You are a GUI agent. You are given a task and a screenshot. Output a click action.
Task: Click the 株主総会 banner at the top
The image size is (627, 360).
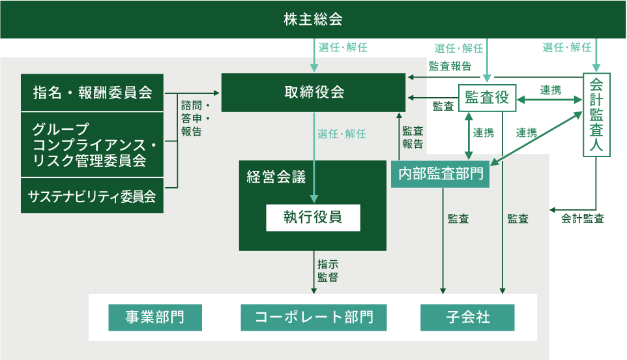[x=313, y=19]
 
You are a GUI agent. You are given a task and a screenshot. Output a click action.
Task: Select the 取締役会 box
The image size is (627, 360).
[x=314, y=92]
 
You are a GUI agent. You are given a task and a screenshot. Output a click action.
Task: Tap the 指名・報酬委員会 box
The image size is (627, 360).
[x=93, y=92]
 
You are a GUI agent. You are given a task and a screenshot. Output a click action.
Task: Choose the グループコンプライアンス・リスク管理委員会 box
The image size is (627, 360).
[x=93, y=144]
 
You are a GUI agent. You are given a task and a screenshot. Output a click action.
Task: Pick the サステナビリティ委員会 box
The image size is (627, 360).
[x=93, y=196]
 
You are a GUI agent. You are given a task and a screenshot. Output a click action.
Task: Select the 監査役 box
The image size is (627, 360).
[x=487, y=99]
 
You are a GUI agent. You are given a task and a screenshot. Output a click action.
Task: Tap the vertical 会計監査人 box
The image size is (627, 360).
[x=596, y=115]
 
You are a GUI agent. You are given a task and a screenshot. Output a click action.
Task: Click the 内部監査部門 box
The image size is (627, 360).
[x=440, y=174]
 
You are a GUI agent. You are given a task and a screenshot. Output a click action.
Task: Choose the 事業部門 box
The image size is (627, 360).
[x=154, y=318]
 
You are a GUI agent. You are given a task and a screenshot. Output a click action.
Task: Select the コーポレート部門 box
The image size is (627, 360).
[x=313, y=318]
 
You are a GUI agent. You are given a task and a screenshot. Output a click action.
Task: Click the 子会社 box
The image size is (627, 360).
[x=468, y=318]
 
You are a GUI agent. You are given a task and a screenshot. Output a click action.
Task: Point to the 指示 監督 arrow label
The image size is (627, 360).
[x=327, y=271]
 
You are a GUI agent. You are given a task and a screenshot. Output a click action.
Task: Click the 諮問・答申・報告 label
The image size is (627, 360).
[x=194, y=118]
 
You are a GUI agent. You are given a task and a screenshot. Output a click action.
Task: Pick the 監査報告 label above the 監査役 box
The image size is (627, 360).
[x=450, y=66]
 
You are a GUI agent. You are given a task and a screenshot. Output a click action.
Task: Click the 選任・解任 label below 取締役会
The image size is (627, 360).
[x=342, y=134]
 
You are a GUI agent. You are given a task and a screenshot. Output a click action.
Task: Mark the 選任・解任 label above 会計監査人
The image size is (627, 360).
[x=567, y=47]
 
